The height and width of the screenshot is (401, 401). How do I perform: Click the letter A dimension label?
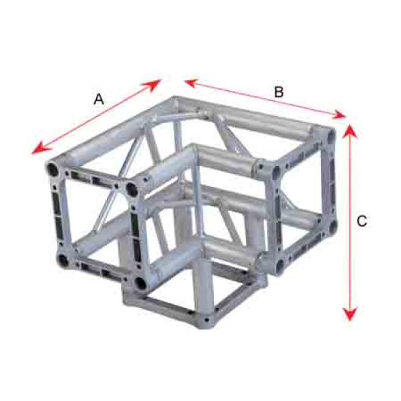[x=99, y=99]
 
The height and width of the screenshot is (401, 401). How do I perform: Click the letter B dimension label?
[x=279, y=92]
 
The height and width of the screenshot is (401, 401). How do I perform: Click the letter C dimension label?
[x=362, y=221]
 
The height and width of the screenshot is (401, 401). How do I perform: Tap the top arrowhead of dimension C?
[x=350, y=132]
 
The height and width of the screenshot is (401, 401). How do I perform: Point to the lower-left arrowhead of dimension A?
[x=41, y=148]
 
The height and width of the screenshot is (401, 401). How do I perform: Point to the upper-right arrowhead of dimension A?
[x=152, y=85]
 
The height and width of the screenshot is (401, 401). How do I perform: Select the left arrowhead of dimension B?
[x=191, y=83]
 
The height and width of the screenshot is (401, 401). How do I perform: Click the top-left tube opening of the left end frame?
[x=52, y=169]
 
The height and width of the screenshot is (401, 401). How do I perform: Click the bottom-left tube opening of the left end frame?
[x=63, y=261]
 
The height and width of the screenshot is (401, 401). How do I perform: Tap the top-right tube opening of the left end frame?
[x=132, y=190]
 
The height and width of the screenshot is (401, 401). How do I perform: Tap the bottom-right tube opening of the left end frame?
[x=141, y=283]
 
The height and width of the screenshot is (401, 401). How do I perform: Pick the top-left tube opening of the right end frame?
[x=277, y=172]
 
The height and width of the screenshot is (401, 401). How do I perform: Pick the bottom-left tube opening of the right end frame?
[x=281, y=265]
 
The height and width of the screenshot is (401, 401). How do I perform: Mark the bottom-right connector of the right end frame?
[x=333, y=227]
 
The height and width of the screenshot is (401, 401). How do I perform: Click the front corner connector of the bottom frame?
[x=205, y=319]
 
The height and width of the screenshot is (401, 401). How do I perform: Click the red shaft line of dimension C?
[x=350, y=223]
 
